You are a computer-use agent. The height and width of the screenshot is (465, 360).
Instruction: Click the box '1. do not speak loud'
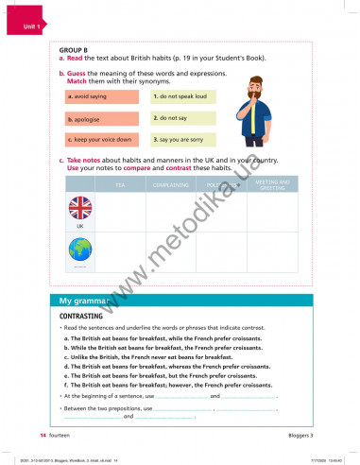[x=182, y=96]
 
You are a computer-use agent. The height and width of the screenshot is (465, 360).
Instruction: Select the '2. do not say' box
[x=182, y=118]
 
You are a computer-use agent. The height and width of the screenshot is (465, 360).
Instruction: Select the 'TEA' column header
[x=120, y=184]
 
